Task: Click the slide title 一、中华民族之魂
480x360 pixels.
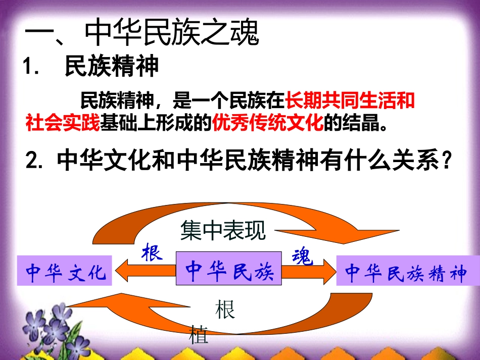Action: point(142,34)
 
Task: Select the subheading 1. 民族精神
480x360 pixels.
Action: point(91,67)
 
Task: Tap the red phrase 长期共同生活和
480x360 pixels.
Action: point(350,101)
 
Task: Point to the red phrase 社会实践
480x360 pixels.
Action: point(63,123)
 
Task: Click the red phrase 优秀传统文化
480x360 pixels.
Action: point(268,123)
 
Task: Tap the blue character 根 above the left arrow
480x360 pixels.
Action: point(152,252)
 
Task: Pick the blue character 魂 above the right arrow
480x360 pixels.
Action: point(303,258)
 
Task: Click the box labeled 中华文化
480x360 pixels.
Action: point(64,271)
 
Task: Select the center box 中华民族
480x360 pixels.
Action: point(228,271)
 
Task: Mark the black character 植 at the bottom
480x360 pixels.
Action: point(199,335)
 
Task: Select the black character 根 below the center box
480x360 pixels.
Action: point(225,310)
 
